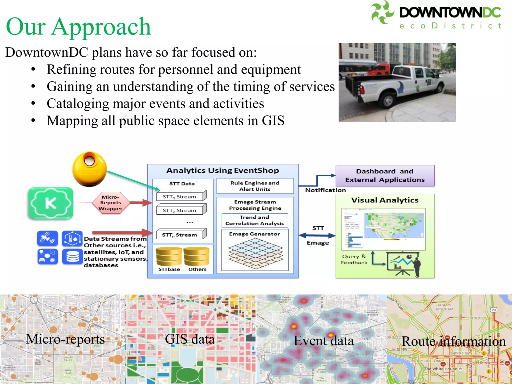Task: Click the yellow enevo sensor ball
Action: [x=89, y=169]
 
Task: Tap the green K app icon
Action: [x=51, y=203]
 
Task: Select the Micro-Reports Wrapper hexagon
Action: [x=110, y=203]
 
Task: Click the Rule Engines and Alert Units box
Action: [x=255, y=186]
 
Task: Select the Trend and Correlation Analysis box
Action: [x=254, y=220]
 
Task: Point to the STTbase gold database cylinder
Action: [x=169, y=257]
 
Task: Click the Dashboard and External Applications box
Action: [x=385, y=175]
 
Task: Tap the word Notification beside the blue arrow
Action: [x=325, y=190]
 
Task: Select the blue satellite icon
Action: [x=47, y=238]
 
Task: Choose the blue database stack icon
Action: [x=72, y=256]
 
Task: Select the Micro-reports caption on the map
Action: [x=65, y=339]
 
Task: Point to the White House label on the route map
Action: [x=441, y=369]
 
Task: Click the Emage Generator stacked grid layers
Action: [x=255, y=253]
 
